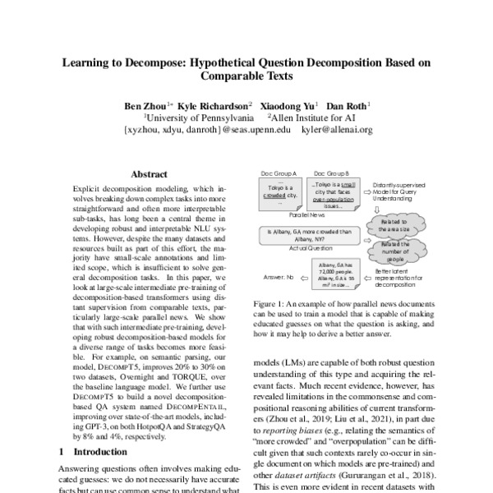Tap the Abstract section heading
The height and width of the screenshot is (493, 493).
coord(150,174)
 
